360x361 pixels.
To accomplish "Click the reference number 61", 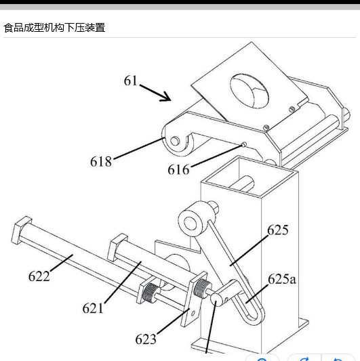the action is pyautogui.click(x=130, y=81).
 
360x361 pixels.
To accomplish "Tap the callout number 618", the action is pyautogui.click(x=101, y=161).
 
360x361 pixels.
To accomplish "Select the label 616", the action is pyautogui.click(x=178, y=170).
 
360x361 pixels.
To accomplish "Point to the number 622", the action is pyautogui.click(x=39, y=276).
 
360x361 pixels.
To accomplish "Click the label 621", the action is pyautogui.click(x=93, y=308).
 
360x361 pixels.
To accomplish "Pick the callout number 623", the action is pyautogui.click(x=146, y=339).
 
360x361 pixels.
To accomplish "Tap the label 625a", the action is pyautogui.click(x=282, y=279).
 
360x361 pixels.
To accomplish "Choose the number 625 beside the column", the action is pyautogui.click(x=278, y=230).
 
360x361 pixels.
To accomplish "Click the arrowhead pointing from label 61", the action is pyautogui.click(x=166, y=97).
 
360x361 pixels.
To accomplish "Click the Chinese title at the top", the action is pyautogui.click(x=55, y=28).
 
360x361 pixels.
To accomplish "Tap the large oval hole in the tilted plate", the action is pyautogui.click(x=249, y=91).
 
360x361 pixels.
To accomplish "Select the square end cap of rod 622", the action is pyautogui.click(x=20, y=230).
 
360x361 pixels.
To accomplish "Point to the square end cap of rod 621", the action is pyautogui.click(x=117, y=247).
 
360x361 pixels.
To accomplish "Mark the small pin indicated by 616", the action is pyautogui.click(x=243, y=144).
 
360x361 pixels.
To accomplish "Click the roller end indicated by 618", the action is pyautogui.click(x=177, y=141).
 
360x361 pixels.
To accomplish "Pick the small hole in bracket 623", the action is pyautogui.click(x=193, y=314).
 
